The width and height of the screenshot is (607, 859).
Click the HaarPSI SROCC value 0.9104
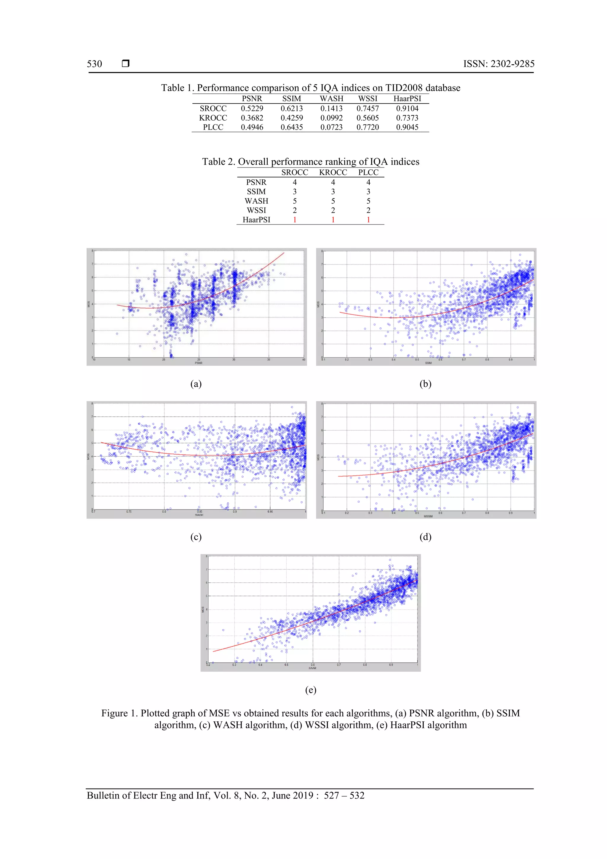click(x=407, y=109)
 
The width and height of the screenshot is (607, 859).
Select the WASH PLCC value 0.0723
click(x=331, y=127)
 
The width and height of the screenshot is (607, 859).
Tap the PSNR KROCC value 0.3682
click(x=252, y=118)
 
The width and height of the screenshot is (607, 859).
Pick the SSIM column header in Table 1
click(x=291, y=99)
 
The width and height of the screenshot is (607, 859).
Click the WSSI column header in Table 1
click(x=368, y=99)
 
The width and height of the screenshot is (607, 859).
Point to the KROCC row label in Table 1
click(x=213, y=118)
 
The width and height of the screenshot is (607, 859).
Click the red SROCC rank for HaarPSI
click(x=295, y=220)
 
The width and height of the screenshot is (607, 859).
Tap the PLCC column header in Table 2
click(x=368, y=173)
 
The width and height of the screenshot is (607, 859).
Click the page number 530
click(x=94, y=64)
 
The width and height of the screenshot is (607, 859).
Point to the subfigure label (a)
click(x=196, y=384)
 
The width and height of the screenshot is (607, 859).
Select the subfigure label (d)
click(x=425, y=537)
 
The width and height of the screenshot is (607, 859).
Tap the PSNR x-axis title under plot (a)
click(x=199, y=363)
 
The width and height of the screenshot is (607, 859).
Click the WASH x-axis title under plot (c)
click(x=199, y=515)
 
